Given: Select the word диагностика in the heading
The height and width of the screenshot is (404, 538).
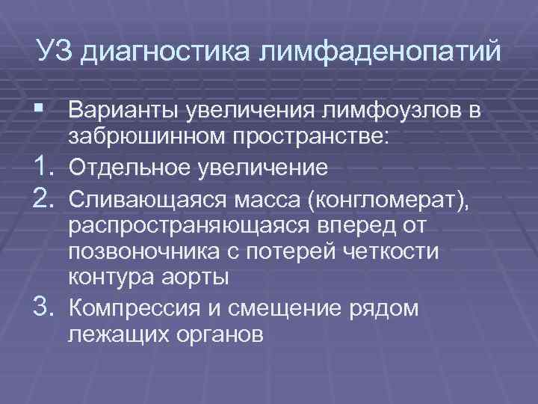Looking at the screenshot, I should point(165,53).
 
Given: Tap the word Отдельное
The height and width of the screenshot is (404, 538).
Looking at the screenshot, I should point(128,166).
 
